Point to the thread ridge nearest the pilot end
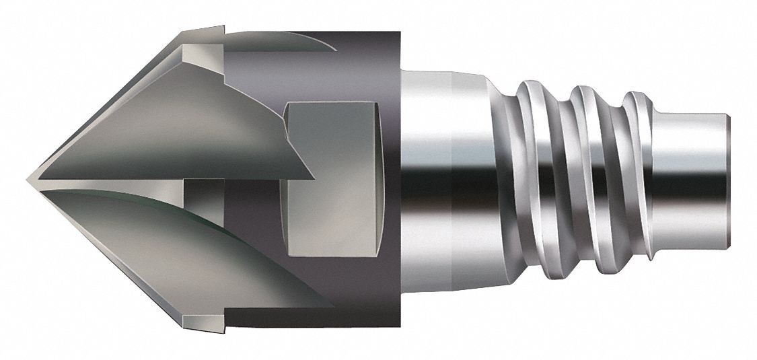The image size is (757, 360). [x=636, y=182]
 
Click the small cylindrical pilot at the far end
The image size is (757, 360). [x=693, y=180]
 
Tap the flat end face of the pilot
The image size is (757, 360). [x=727, y=180]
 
